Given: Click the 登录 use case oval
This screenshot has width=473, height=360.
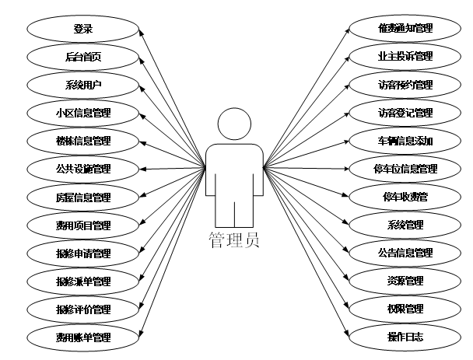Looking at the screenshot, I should [83, 29].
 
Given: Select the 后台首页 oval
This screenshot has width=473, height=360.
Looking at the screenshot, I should [83, 57].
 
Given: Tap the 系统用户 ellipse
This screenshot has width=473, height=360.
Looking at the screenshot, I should [83, 85].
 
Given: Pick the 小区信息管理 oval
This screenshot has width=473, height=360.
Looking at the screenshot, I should [83, 113].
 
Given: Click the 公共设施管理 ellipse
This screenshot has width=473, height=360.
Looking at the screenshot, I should [83, 169].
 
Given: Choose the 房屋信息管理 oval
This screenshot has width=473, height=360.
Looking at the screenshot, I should [83, 197].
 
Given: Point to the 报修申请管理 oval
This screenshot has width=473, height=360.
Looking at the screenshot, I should [83, 253].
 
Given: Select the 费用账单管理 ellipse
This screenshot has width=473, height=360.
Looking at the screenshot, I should [83, 337].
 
